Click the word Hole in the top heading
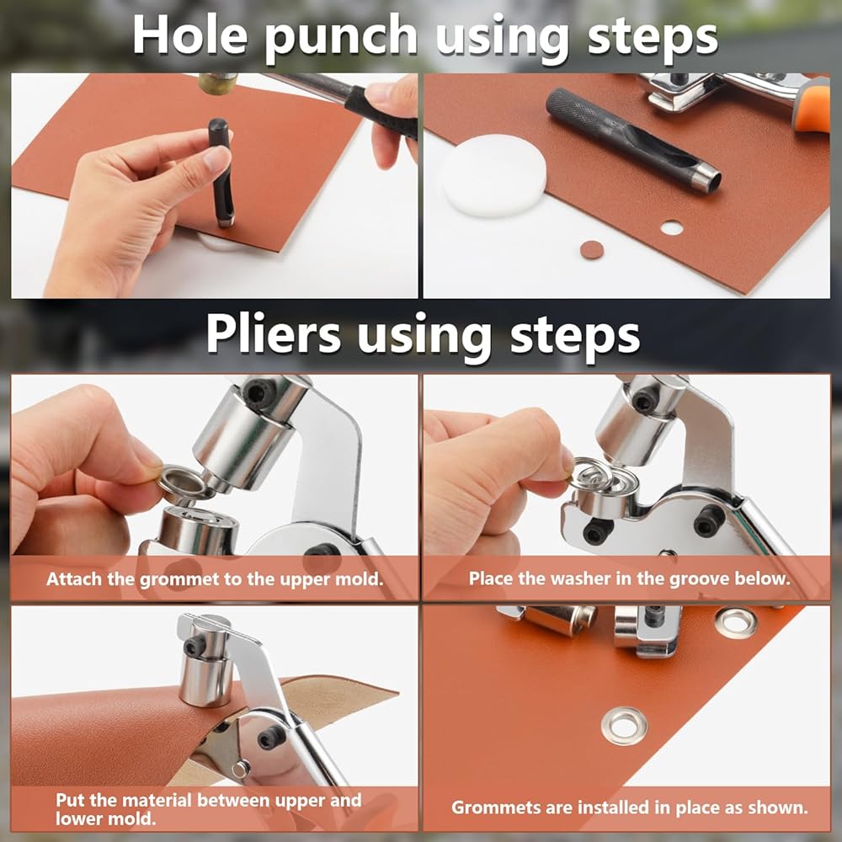[189, 35]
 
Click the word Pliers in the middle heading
[274, 334]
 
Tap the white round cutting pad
[493, 176]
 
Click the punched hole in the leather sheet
[671, 227]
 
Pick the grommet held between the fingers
[182, 482]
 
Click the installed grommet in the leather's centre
[624, 726]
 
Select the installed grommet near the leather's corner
[736, 622]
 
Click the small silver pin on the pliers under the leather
[241, 769]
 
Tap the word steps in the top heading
[653, 38]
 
